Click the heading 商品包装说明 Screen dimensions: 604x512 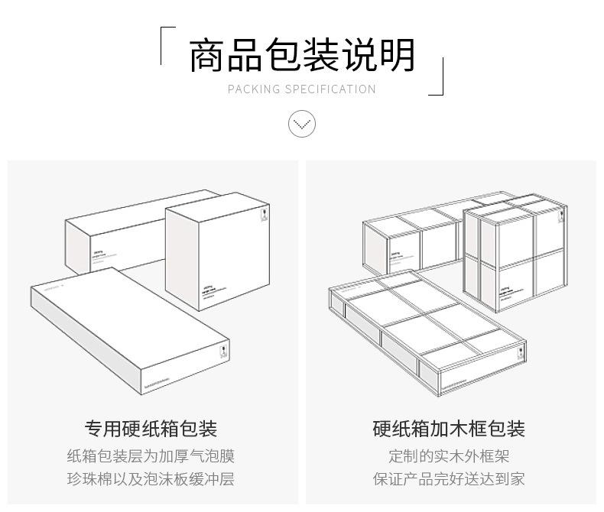[x=302, y=55]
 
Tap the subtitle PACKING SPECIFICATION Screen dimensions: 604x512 [x=302, y=89]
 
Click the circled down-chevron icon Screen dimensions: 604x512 [x=302, y=123]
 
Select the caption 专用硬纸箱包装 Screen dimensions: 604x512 [x=151, y=428]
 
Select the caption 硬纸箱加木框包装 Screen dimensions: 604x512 [x=449, y=428]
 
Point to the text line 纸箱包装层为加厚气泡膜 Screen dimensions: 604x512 [x=151, y=456]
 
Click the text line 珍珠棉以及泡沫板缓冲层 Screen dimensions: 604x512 [x=151, y=480]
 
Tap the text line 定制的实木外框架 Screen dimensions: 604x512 [x=449, y=456]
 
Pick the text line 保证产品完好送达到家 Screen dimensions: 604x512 [x=449, y=480]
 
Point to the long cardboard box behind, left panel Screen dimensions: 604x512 [x=115, y=233]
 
